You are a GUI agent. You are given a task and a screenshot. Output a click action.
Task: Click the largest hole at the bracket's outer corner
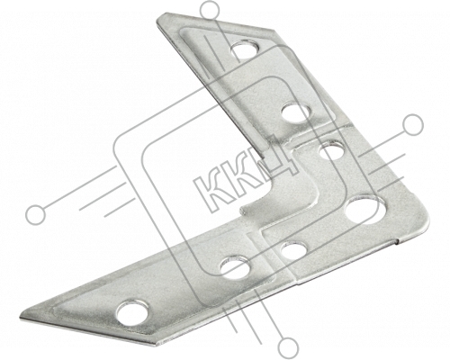click(364, 210)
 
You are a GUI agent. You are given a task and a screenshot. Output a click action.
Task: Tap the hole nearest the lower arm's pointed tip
click(133, 312)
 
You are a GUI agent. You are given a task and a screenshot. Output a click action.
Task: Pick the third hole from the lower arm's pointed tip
click(294, 249)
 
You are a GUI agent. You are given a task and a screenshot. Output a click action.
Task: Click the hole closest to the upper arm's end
click(246, 49)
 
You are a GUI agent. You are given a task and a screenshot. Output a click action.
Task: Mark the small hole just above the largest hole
click(331, 150)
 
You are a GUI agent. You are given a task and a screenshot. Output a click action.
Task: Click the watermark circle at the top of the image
click(210, 11)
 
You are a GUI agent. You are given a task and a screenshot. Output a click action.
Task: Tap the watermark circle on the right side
click(412, 124)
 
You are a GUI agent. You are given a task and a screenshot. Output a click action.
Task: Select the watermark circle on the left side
click(36, 215)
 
